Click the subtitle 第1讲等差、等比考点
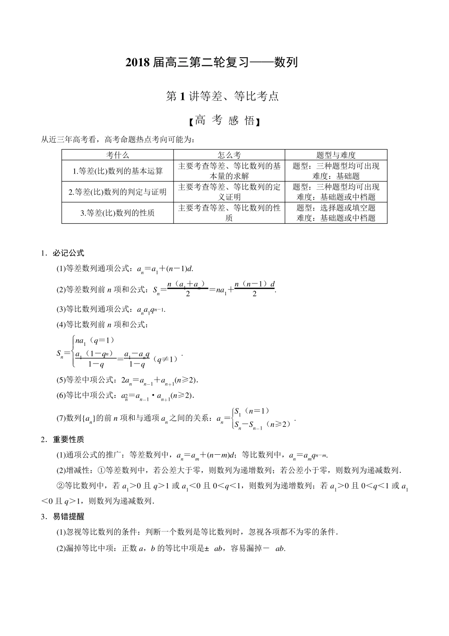[223, 97]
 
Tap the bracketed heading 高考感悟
[224, 121]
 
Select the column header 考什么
[117, 155]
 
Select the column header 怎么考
[229, 155]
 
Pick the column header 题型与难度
[336, 155]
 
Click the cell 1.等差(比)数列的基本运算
[117, 171]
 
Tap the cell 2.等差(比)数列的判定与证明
[117, 192]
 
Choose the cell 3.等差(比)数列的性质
[117, 212]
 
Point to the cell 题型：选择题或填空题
[336, 208]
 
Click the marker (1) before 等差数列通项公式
[61, 269]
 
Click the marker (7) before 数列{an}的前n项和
[61, 418]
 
